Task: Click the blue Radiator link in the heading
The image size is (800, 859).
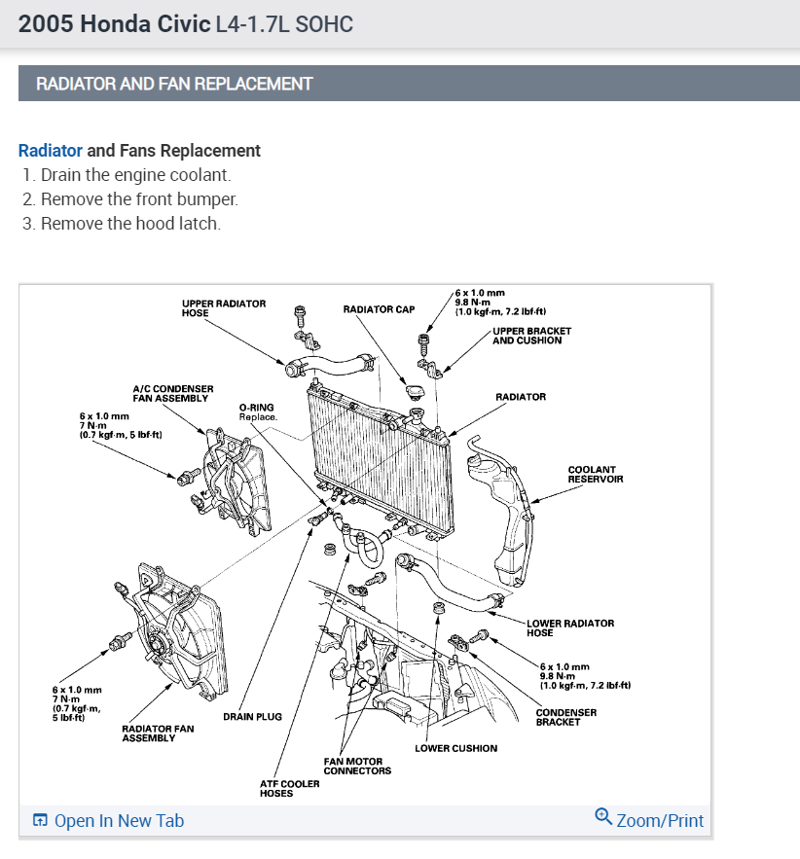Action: click(x=51, y=151)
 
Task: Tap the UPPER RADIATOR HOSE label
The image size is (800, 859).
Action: click(x=223, y=308)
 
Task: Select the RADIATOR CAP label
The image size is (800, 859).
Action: click(x=379, y=309)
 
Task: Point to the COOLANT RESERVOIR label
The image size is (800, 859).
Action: click(x=595, y=475)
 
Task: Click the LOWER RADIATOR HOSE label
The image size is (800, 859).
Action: click(x=569, y=627)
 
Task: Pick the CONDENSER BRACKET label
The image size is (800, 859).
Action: click(x=565, y=717)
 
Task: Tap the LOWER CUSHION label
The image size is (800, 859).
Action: click(x=455, y=748)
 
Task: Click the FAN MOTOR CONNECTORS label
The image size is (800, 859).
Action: click(x=357, y=766)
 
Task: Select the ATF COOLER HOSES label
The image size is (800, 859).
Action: click(x=289, y=788)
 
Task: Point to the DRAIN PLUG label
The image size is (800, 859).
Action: click(x=252, y=717)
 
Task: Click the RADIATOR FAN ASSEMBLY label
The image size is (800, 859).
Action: click(x=158, y=734)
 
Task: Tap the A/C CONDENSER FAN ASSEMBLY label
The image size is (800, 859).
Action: click(x=172, y=394)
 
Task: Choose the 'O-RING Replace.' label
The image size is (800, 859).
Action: click(x=258, y=412)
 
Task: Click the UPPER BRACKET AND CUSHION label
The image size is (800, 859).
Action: click(x=531, y=336)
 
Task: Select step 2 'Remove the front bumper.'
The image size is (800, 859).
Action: click(x=139, y=199)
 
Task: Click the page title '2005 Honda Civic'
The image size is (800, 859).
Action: click(x=114, y=24)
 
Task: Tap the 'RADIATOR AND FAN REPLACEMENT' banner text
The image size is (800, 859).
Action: click(x=174, y=84)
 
